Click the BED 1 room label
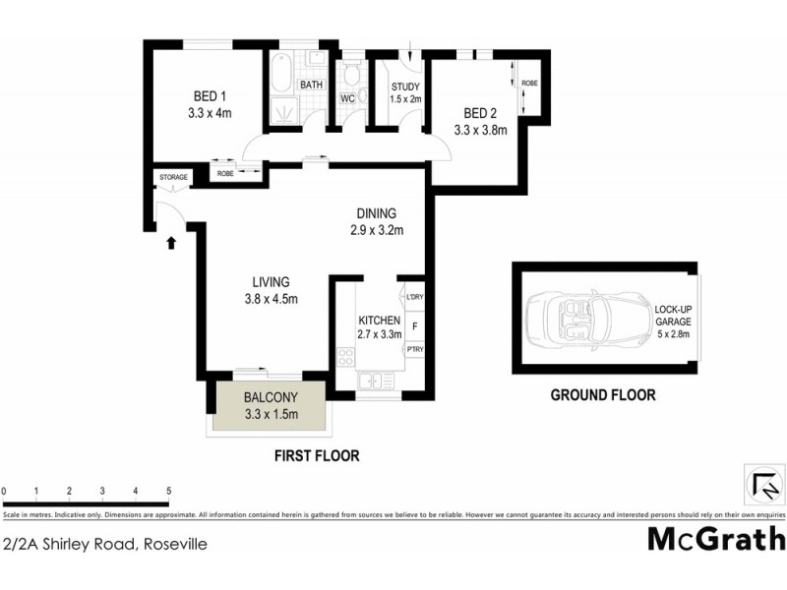[210, 96]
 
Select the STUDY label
[404, 86]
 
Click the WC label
[347, 99]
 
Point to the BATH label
[312, 86]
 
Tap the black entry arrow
[173, 241]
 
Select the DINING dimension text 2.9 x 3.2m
[377, 231]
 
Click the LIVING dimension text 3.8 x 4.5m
[270, 299]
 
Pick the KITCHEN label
[379, 321]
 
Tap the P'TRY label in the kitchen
[413, 348]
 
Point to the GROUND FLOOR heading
[602, 396]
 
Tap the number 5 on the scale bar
[168, 490]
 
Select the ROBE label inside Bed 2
[529, 83]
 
